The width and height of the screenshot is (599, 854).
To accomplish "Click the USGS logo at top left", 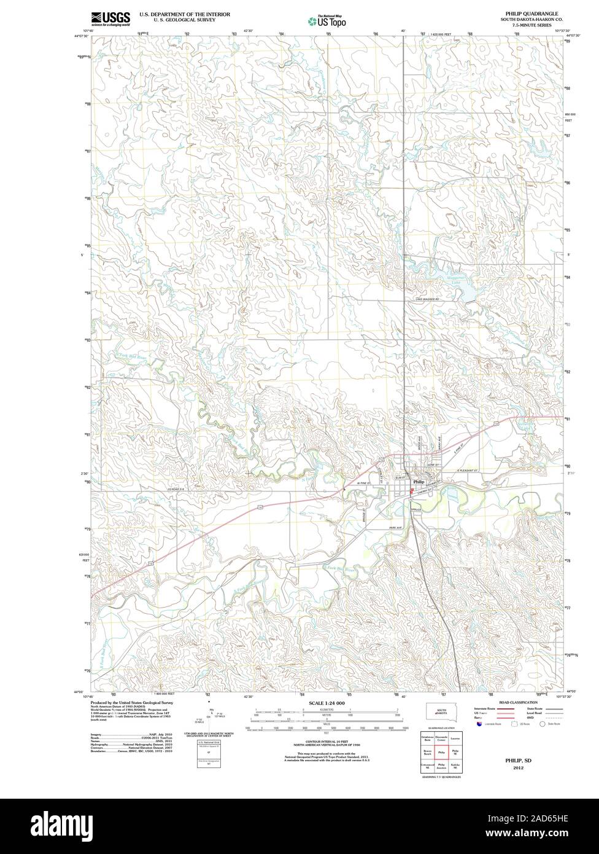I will (110, 18).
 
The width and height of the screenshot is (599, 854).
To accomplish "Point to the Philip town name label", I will (419, 482).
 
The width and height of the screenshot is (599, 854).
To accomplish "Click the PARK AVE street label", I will (393, 528).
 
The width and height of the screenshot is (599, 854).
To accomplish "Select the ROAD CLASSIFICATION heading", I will (518, 702).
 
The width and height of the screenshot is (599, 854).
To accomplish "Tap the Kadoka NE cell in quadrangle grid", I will (455, 765).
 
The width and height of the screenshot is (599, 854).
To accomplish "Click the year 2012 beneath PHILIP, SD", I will (519, 767).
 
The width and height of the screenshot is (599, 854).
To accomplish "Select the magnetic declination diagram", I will (210, 714).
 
